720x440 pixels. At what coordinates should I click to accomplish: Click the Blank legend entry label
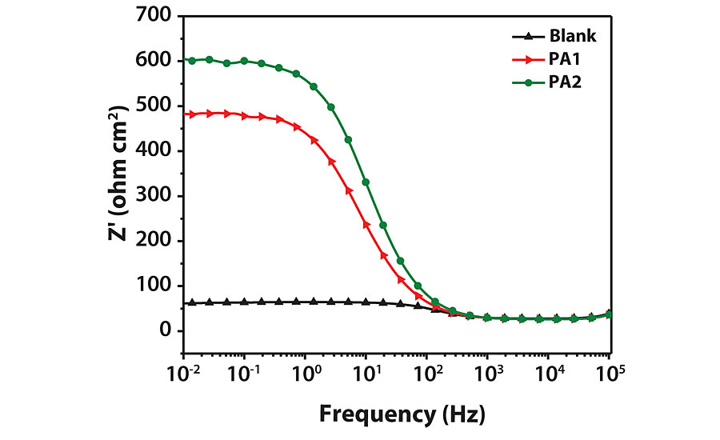click(573, 36)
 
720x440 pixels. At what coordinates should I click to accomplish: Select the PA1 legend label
click(565, 58)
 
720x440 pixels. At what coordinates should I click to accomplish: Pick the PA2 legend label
click(565, 81)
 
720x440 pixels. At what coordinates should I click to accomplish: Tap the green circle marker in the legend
click(528, 81)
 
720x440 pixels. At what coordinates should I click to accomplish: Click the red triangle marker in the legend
click(528, 58)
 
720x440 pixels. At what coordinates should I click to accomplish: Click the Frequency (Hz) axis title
click(402, 414)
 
